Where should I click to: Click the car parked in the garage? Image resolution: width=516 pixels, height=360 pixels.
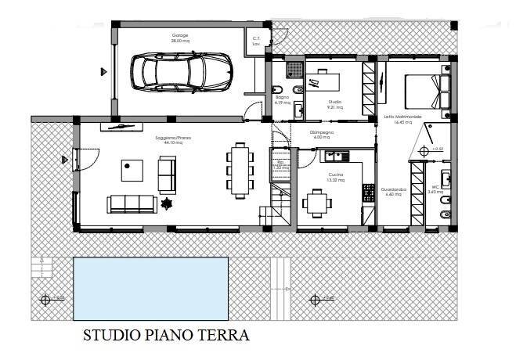click(x=180, y=71)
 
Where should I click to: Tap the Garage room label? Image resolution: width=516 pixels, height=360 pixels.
click(x=181, y=37)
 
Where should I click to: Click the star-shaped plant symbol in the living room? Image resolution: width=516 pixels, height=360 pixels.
click(x=166, y=204)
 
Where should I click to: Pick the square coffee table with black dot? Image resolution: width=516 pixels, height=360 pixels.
click(x=131, y=168)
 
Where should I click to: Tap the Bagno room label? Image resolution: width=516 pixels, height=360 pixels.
click(x=281, y=98)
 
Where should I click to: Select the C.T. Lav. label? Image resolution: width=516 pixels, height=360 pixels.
click(x=256, y=41)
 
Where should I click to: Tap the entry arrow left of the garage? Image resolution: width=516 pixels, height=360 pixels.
click(x=103, y=71)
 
